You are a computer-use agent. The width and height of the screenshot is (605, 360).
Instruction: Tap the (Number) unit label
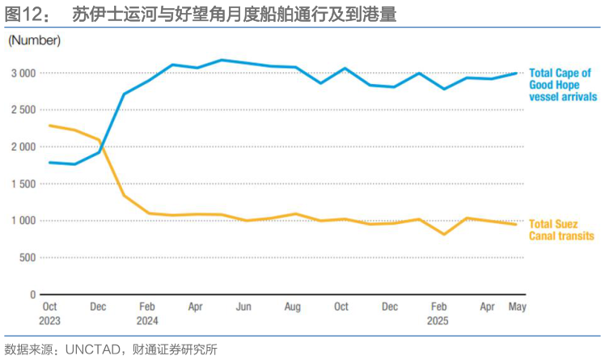coord(35,40)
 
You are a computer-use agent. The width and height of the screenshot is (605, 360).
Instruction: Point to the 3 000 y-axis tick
coord(23,73)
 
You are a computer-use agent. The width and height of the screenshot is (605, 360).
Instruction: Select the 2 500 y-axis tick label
coord(23,110)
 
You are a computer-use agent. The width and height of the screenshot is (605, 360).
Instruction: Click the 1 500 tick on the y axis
coord(23,184)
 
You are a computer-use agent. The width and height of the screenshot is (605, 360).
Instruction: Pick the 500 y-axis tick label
coord(27,257)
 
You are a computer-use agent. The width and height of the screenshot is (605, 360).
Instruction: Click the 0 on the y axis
coord(33,294)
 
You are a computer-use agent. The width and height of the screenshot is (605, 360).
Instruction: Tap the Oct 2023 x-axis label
coord(50,313)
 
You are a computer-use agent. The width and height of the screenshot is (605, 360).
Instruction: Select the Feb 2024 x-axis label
coord(147,313)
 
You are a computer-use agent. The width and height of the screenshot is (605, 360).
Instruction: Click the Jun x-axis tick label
coord(243,307)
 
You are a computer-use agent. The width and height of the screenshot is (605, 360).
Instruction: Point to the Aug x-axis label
coord(293,307)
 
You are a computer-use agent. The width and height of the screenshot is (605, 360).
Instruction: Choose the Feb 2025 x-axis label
coord(438,313)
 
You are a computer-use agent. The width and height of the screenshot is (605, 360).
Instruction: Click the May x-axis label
coord(516,307)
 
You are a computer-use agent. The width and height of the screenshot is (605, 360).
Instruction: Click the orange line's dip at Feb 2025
coord(443,235)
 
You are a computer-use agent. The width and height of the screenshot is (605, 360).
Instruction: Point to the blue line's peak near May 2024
coord(221,60)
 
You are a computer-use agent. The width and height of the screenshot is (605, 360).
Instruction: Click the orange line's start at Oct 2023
coord(50,125)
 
